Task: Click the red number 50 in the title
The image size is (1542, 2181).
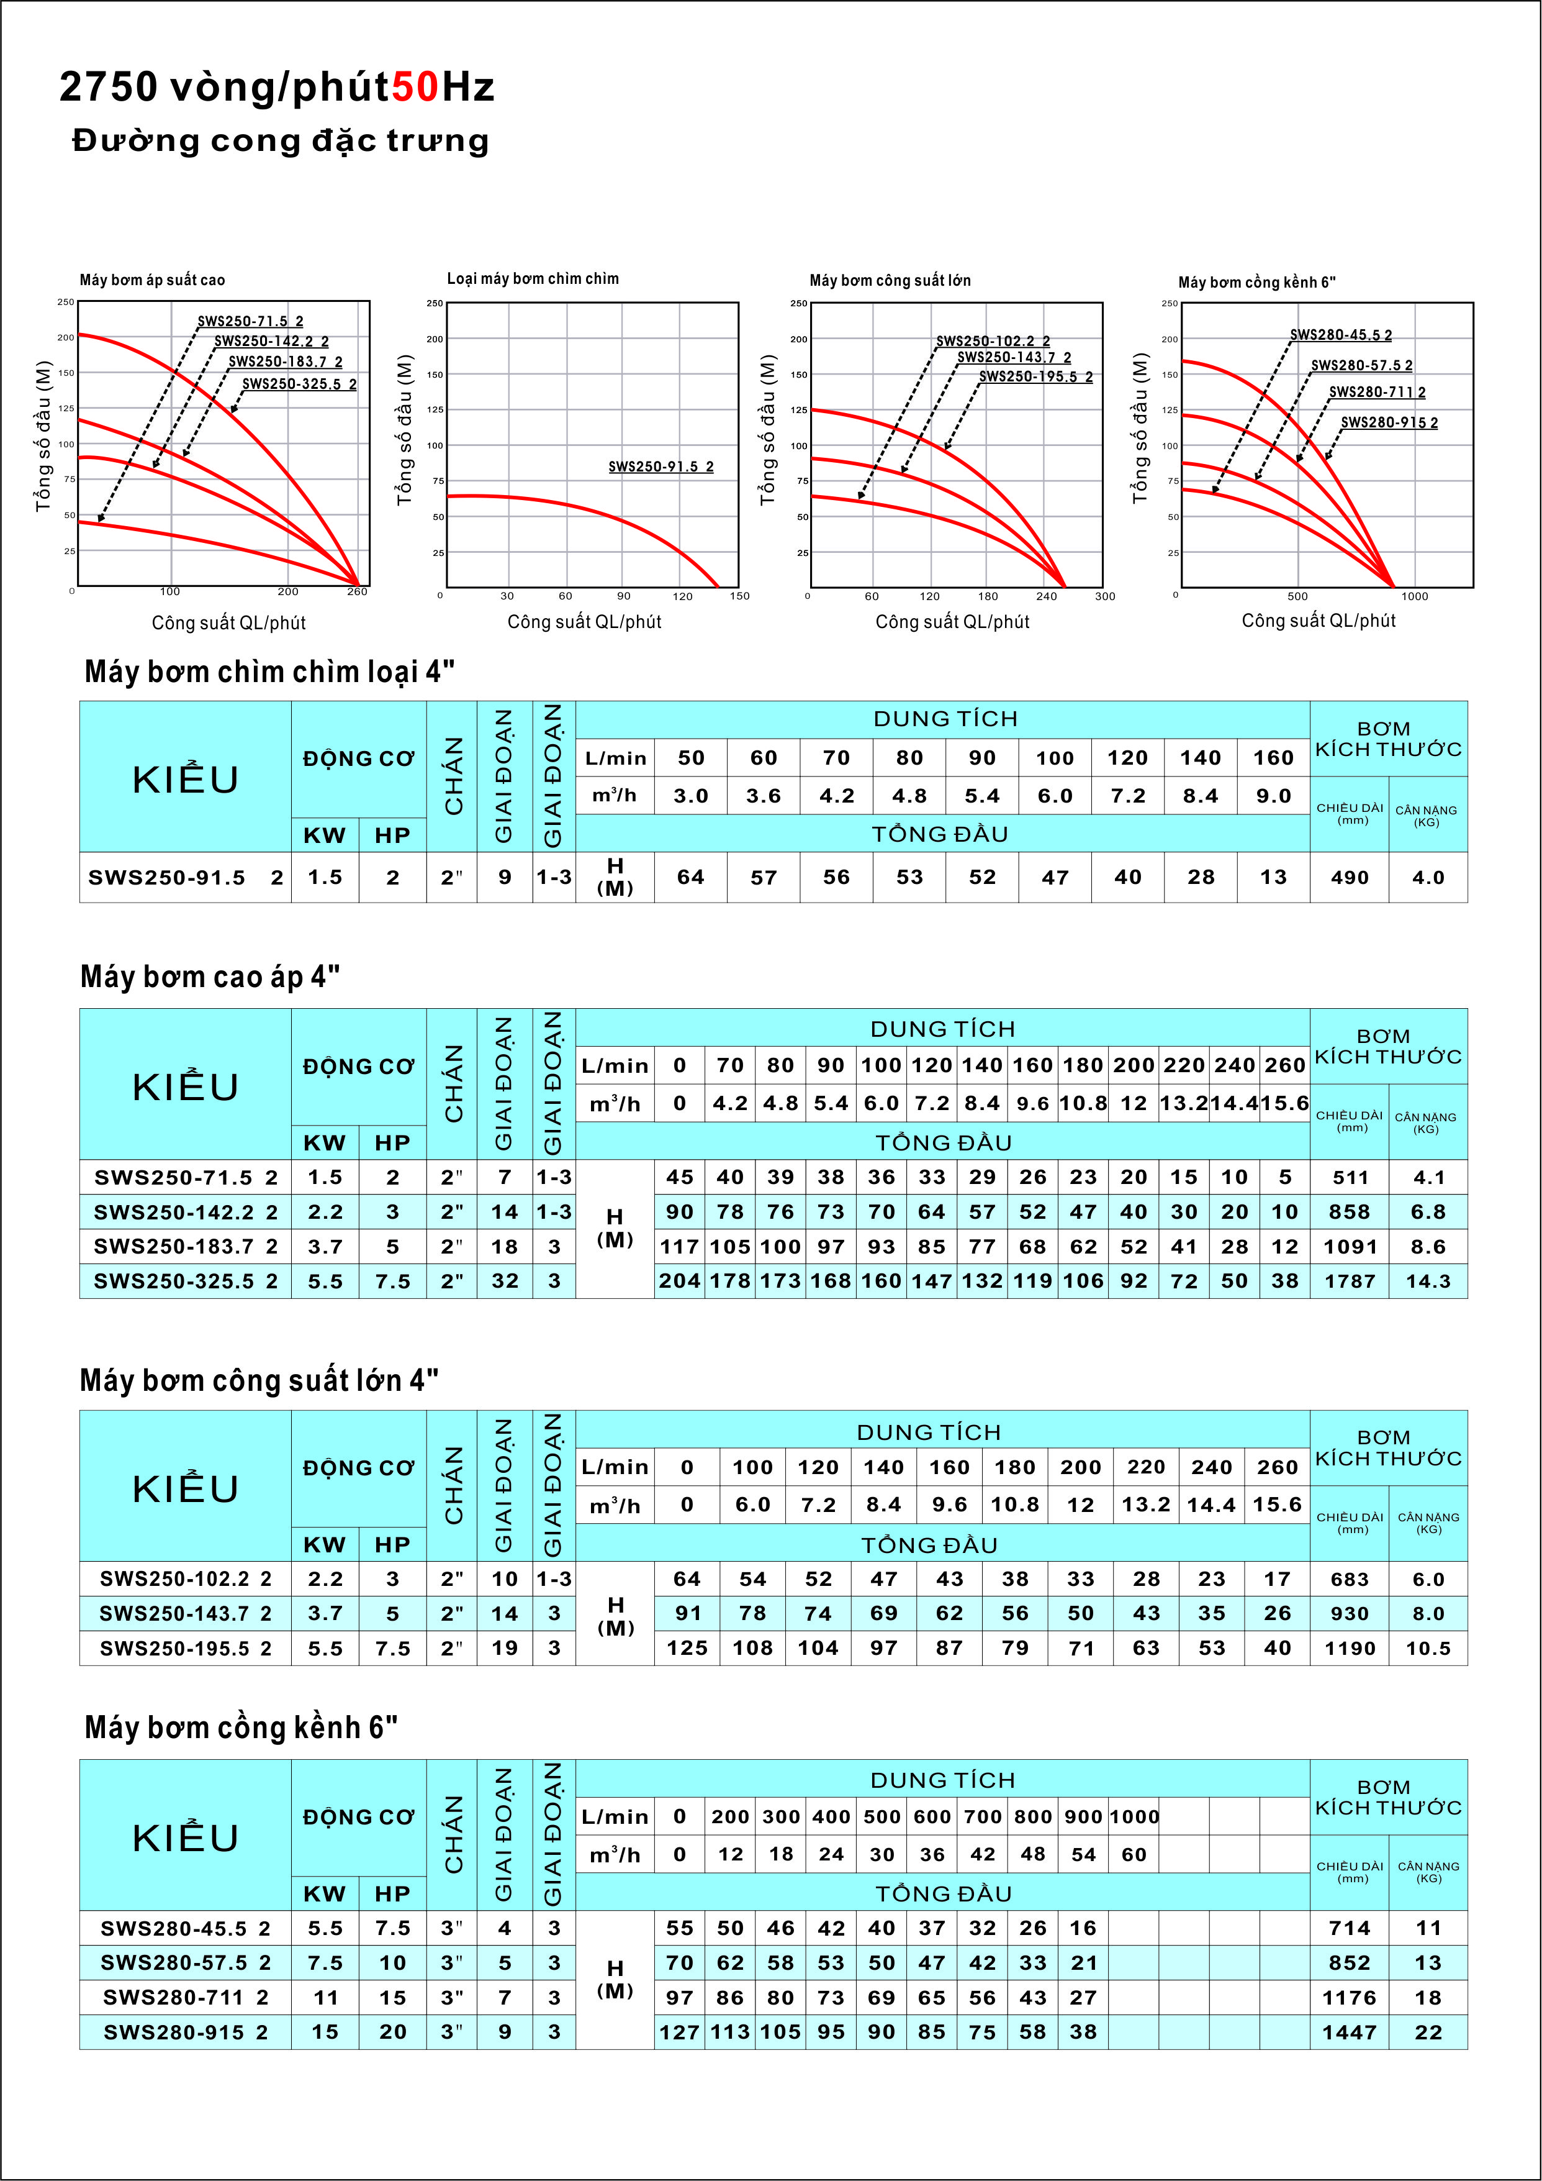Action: (x=415, y=88)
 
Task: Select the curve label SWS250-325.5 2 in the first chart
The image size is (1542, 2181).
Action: (x=299, y=384)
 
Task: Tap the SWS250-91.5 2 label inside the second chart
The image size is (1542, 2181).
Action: (x=661, y=467)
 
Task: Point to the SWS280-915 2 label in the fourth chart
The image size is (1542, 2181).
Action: (x=1389, y=422)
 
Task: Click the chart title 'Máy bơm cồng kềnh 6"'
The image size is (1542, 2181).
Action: (x=1256, y=282)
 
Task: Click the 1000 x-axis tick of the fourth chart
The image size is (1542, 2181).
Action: (x=1414, y=596)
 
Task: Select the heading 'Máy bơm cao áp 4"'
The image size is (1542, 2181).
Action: (x=210, y=977)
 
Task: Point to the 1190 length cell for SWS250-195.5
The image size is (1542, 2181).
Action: (x=1350, y=1648)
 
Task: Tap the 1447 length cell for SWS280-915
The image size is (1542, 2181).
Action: (x=1350, y=2032)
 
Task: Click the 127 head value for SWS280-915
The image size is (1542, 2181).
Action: (x=680, y=2032)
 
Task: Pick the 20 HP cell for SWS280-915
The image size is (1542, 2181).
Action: (x=392, y=2032)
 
